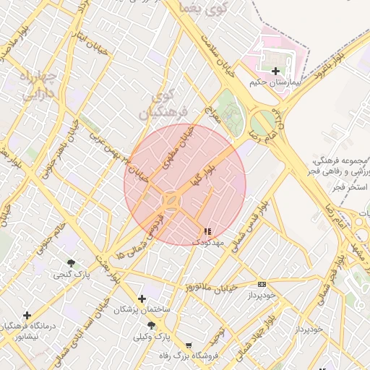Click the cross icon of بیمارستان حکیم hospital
tap(276, 71)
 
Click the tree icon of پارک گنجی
tap(70, 263)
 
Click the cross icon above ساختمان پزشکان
tap(142, 298)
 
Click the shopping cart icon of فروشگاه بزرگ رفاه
tap(189, 346)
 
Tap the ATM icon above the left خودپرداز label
tap(262, 284)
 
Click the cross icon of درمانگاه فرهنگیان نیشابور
tap(27, 315)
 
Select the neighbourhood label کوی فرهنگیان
tap(163, 103)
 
